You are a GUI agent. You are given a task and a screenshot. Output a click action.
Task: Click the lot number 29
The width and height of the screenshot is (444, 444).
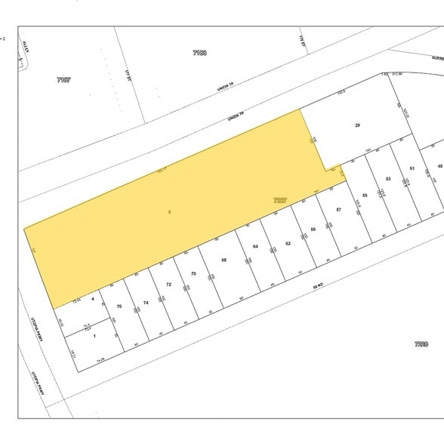tap(357, 124)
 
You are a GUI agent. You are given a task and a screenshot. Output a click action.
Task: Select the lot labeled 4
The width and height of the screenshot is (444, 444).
tap(93, 300)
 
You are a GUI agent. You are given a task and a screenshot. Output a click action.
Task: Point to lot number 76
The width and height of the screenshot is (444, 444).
tap(119, 306)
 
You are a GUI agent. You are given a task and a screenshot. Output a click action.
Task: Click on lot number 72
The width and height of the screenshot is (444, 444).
tap(169, 285)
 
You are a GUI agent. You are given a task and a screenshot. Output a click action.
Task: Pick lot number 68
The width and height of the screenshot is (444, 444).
tap(224, 260)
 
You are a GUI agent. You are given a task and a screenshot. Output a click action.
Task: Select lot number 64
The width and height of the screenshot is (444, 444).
tap(256, 247)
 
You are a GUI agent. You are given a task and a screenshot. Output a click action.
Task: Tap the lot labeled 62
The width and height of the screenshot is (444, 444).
tap(288, 243)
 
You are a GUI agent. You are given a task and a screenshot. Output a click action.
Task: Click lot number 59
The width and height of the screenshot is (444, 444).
tap(313, 228)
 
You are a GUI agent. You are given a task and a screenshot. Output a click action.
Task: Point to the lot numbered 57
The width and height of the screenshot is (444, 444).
tap(339, 208)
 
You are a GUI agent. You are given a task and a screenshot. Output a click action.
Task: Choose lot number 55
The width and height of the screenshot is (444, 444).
tap(365, 196)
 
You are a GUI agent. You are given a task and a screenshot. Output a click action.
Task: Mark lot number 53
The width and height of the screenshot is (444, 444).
tap(387, 178)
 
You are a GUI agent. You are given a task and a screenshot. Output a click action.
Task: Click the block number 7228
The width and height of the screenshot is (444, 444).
tap(421, 344)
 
